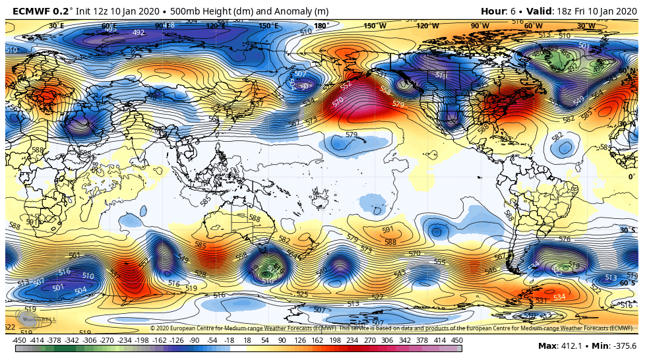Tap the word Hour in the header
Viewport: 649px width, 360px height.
pos(493,11)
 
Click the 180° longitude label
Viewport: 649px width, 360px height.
pos(321,26)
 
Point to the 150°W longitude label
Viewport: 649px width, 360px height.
pos(375,26)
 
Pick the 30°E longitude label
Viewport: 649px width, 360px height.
pos(57,26)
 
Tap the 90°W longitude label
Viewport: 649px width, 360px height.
pos(479,26)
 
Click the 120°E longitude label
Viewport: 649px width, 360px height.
pos(214,26)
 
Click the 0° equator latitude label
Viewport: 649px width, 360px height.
pos(631,177)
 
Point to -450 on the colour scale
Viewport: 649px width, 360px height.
pos(19,340)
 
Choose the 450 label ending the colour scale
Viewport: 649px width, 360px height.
pos(456,340)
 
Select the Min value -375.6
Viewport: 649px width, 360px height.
pos(624,346)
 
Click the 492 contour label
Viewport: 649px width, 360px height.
pos(139,32)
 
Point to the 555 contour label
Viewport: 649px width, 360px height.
pos(439,262)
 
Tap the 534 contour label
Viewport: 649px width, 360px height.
pos(559,297)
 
